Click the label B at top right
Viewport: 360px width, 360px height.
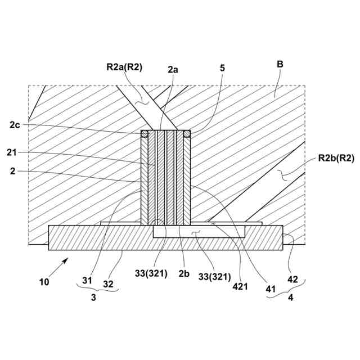(x=280, y=65)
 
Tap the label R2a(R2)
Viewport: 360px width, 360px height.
(x=124, y=67)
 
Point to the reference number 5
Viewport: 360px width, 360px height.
(x=222, y=68)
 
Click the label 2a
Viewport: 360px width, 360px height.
(x=173, y=70)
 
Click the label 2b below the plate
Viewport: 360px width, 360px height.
(x=184, y=273)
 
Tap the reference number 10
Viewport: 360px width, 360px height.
(x=43, y=281)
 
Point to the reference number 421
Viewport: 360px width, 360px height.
(x=241, y=285)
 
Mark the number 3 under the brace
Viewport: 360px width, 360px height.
(x=93, y=298)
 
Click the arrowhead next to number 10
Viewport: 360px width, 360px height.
(x=66, y=259)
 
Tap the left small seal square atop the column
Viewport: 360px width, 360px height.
(x=145, y=134)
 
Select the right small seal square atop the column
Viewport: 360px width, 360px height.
(x=187, y=134)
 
